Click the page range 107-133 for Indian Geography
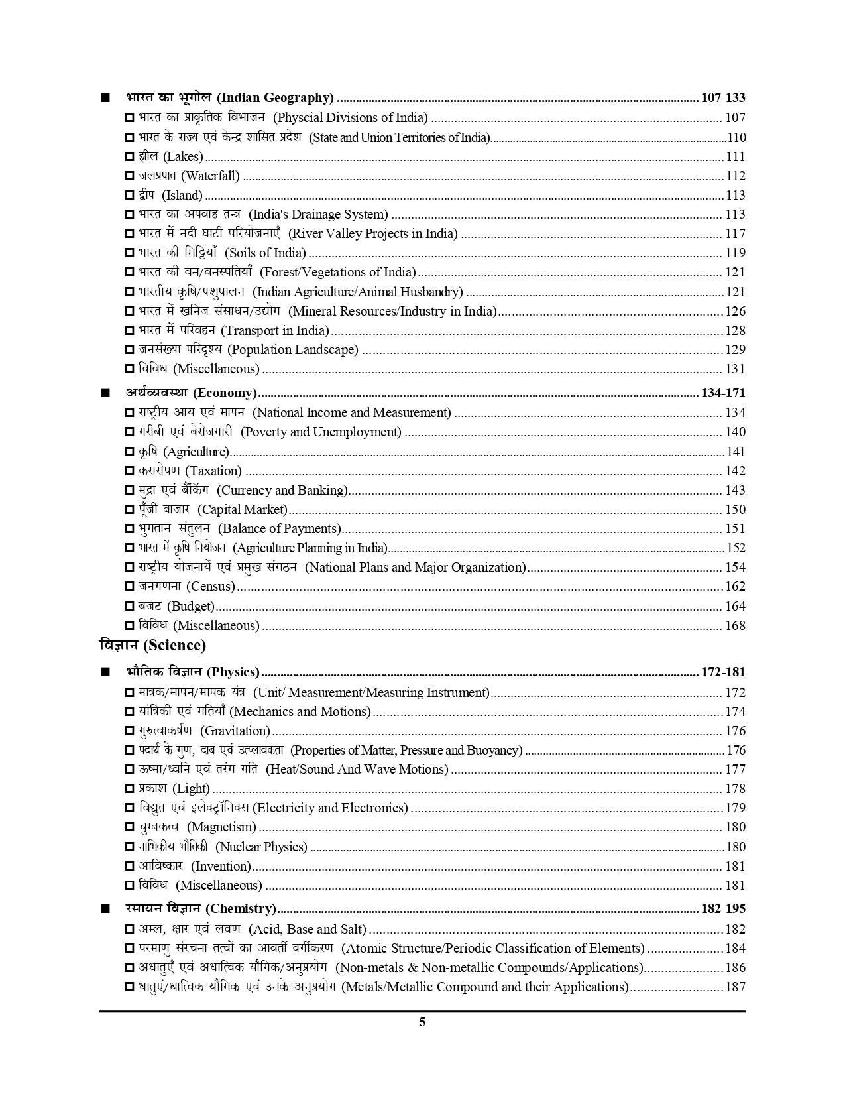722,98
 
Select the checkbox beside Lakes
129,157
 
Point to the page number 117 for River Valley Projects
735,234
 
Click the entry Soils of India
265,253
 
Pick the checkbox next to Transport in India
129,331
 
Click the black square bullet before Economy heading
105,393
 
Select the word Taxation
213,471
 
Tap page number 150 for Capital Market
735,510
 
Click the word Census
211,587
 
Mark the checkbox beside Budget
129,607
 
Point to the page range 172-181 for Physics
722,672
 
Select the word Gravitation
235,731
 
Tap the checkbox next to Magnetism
129,827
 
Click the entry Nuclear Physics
262,847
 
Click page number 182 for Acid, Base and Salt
735,930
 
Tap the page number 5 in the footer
422,1022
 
